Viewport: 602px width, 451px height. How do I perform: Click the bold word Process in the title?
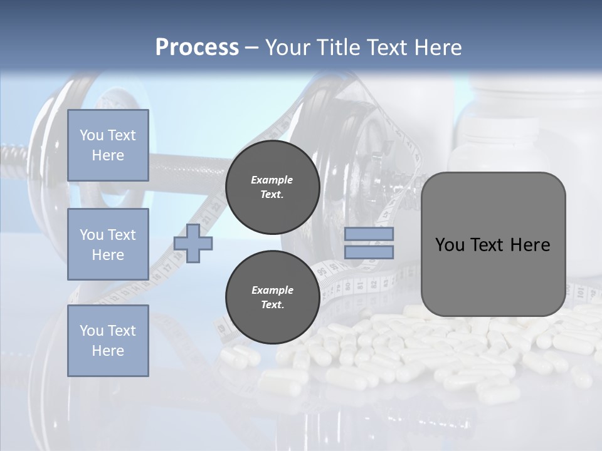point(197,48)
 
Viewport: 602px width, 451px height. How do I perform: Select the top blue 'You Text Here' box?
point(108,145)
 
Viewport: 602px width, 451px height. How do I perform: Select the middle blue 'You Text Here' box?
point(108,244)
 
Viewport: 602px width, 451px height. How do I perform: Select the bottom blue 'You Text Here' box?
point(108,341)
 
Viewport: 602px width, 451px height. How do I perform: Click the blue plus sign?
point(193,244)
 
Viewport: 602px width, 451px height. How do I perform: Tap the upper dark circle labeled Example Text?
point(272,187)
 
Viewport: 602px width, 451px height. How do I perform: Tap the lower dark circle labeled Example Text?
point(272,298)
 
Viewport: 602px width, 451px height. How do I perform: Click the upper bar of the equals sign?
point(369,234)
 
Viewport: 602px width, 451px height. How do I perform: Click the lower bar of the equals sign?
point(369,252)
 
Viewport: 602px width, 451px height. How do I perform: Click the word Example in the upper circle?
point(272,180)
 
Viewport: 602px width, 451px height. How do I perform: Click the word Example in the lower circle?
point(272,290)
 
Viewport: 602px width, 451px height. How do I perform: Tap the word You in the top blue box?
point(91,135)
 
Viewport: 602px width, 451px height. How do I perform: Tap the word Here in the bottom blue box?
point(108,351)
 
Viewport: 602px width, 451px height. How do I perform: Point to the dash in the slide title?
point(251,48)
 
